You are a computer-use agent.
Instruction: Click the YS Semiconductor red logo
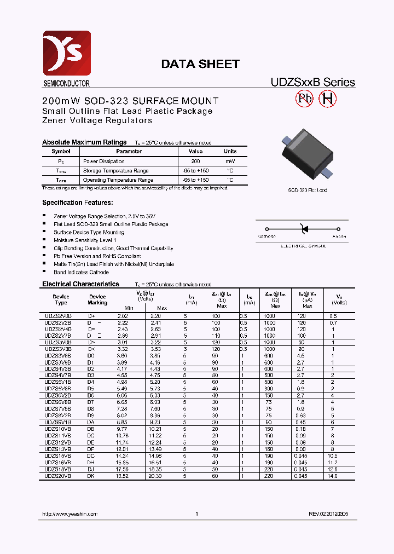point(66,53)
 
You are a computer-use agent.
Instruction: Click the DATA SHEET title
point(200,64)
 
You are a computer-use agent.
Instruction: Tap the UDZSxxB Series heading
point(313,83)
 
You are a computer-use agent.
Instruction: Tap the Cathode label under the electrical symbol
point(266,236)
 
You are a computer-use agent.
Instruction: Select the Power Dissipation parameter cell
point(104,161)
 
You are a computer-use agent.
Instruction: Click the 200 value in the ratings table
point(195,161)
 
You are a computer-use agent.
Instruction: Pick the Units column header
point(230,151)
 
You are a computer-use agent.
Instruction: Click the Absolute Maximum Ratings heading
point(84,142)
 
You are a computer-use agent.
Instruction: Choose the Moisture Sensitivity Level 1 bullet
point(85,240)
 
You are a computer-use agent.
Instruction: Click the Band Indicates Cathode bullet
point(81,272)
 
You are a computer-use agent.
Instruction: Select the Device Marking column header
point(97,299)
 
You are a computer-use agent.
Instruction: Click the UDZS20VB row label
point(58,476)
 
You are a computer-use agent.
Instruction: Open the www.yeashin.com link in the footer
point(69,514)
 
